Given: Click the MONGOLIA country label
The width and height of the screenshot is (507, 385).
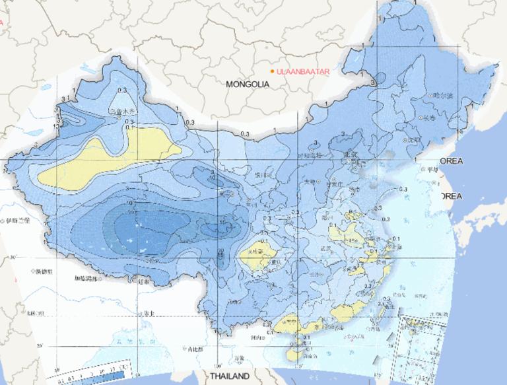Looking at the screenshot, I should (248, 85).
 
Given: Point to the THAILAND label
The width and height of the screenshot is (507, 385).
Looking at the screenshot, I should (230, 376).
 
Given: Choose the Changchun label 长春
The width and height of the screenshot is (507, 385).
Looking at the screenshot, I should (428, 118).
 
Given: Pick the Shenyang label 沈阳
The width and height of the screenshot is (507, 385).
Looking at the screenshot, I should (414, 140).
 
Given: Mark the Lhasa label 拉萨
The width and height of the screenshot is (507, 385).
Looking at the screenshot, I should (143, 282).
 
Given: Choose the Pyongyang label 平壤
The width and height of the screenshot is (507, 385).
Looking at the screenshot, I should (432, 169).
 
